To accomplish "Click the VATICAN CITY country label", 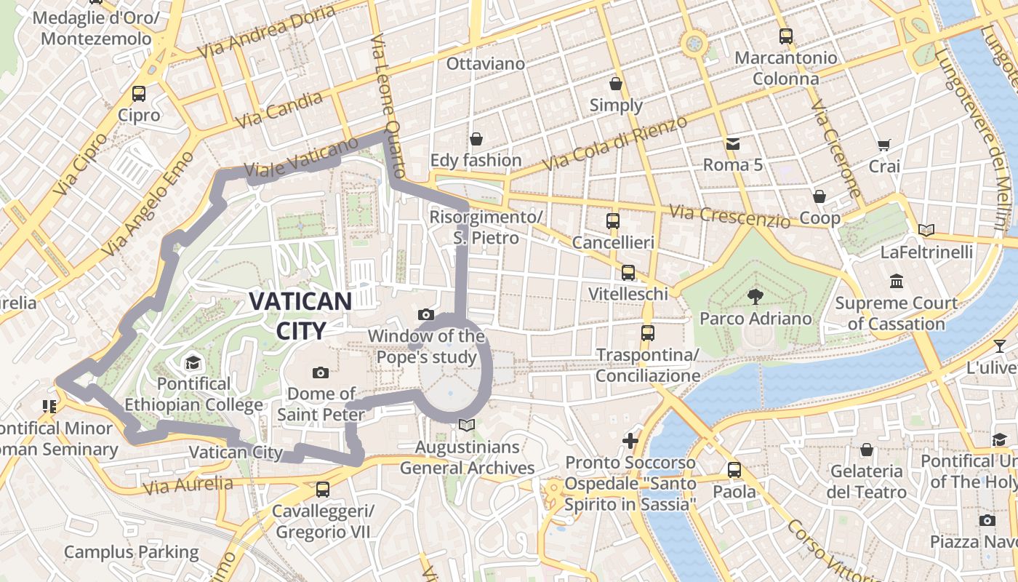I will point(300,315).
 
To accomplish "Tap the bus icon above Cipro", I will point(139,94).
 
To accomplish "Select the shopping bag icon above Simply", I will point(616,84).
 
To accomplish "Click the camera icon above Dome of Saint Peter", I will point(320,373).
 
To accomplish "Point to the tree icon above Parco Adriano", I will point(755,296).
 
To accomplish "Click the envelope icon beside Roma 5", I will point(732,144).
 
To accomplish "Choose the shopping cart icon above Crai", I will point(884,145).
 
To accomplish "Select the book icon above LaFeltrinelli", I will point(926,231).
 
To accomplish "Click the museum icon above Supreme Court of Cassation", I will point(896,282).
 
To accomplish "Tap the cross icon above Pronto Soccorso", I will point(630,441).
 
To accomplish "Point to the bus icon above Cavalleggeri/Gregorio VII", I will point(323,490).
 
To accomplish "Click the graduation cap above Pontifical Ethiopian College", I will point(193,362).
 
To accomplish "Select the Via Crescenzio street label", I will point(729,215).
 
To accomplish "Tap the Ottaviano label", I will point(485,64).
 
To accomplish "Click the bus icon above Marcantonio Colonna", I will point(785,36).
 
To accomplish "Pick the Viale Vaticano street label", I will point(302,159).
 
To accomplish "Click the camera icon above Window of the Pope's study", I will point(426,315).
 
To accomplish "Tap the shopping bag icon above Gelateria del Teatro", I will point(866,450).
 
